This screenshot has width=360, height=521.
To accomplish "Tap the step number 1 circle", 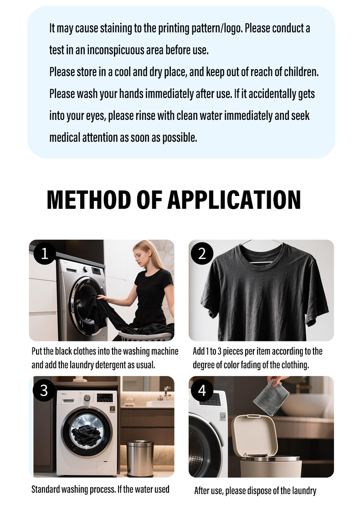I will (x=44, y=253).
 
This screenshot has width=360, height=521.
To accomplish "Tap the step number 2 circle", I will (x=202, y=253).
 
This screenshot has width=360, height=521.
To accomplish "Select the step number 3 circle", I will (x=44, y=390).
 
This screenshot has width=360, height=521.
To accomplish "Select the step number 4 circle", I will (x=202, y=390).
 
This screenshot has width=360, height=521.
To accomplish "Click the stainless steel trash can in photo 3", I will (x=140, y=458).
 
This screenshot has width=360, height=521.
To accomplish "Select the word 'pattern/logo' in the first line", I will (x=221, y=28).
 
